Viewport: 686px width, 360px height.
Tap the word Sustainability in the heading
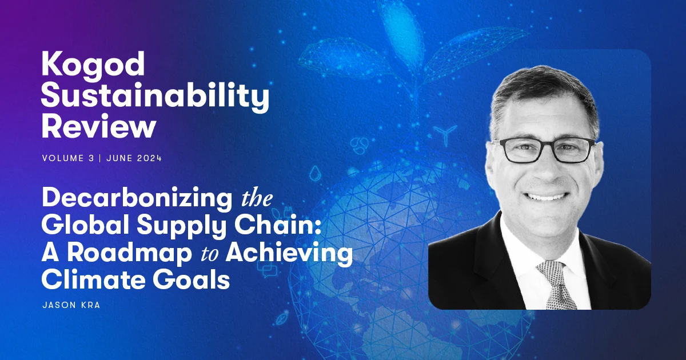[155, 98]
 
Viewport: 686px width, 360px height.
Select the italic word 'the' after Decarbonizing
[254, 200]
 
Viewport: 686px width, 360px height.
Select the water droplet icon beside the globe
[314, 172]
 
